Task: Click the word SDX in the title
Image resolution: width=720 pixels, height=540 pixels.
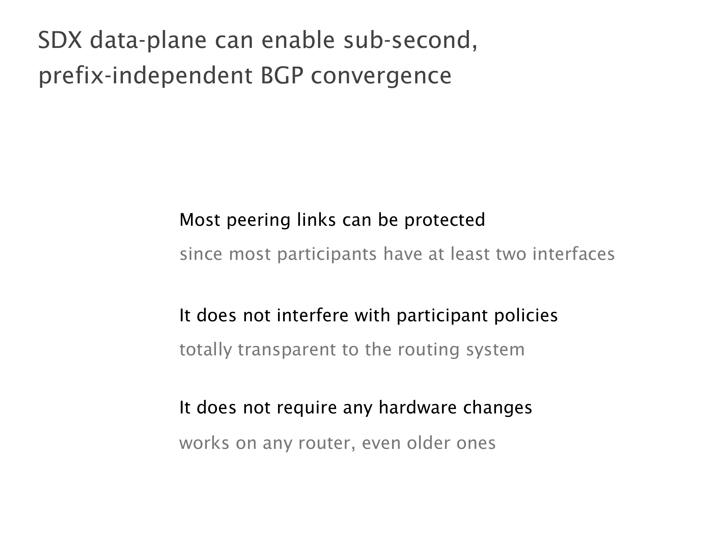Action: (x=60, y=40)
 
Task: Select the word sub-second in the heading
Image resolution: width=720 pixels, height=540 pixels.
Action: (x=411, y=40)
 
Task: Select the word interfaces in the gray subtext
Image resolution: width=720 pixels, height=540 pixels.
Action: (x=574, y=254)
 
